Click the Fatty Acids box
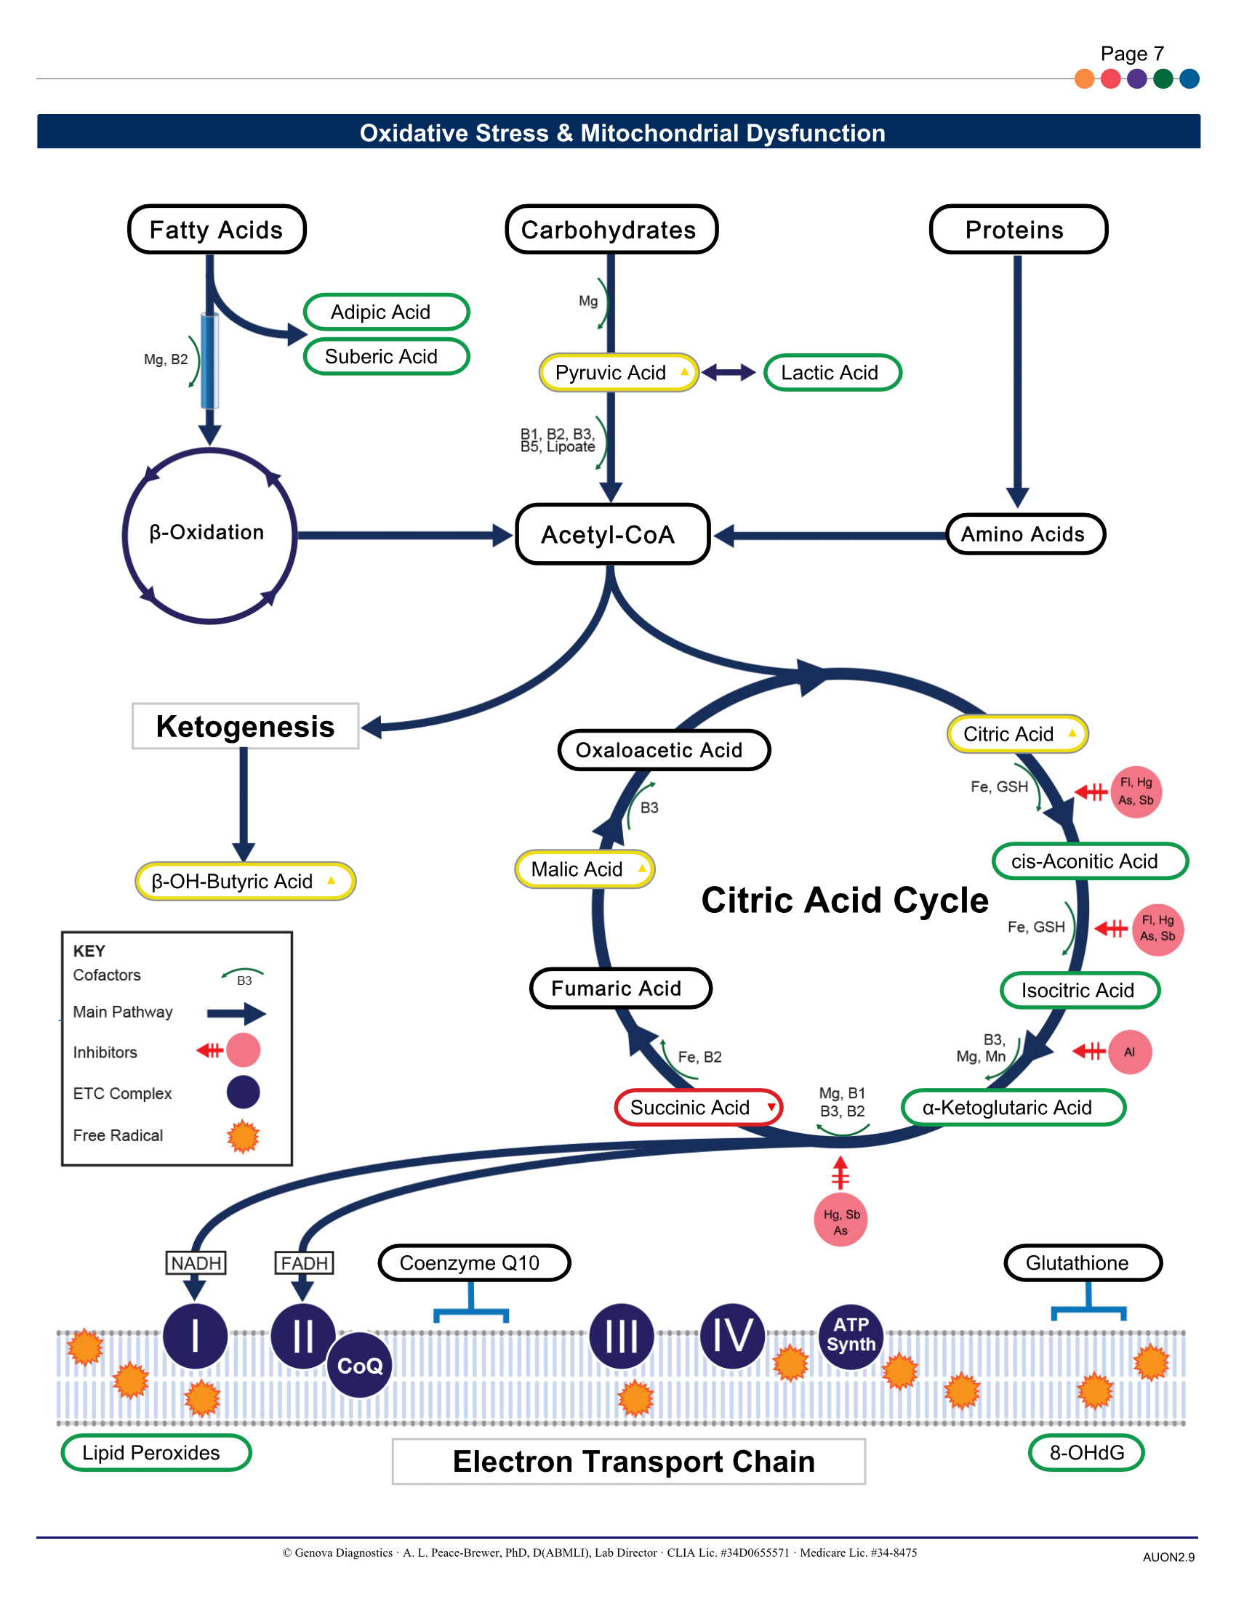click(217, 230)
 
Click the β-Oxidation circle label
click(208, 533)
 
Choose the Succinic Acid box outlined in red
click(698, 1107)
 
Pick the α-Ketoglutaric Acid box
click(1013, 1107)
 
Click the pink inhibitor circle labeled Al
click(1130, 1052)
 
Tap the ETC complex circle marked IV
click(731, 1335)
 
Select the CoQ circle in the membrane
click(359, 1365)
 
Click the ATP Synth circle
click(850, 1335)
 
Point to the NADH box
click(196, 1263)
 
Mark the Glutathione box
click(1083, 1263)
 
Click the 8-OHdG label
click(1086, 1453)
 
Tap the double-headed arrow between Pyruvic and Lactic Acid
click(729, 373)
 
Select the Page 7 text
click(1131, 54)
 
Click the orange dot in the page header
click(1084, 78)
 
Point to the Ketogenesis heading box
click(245, 726)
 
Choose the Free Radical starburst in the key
click(243, 1136)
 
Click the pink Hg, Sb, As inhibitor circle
click(840, 1220)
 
